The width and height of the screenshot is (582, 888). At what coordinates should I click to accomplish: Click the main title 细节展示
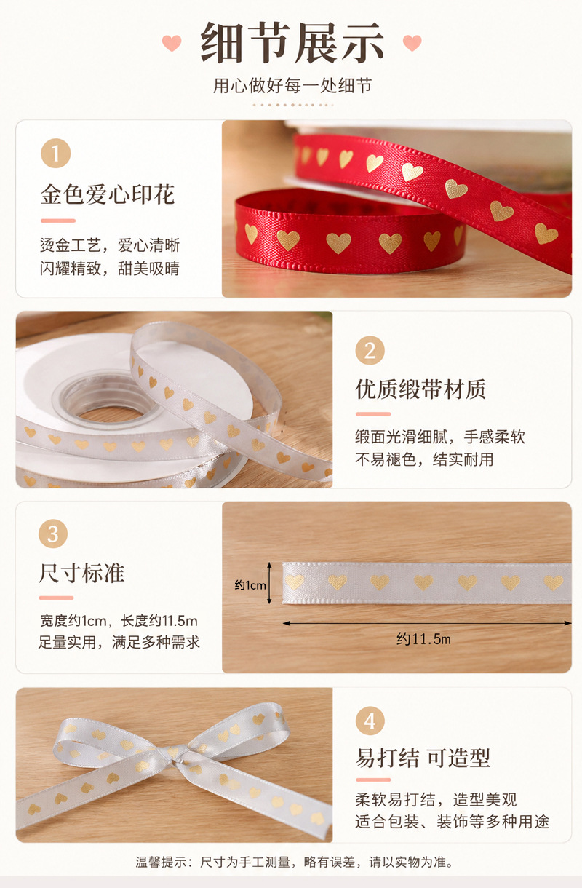coord(292,42)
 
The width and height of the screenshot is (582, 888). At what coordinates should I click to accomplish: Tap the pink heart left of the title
coord(172,43)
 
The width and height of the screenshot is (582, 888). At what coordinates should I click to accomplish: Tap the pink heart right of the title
coord(412,43)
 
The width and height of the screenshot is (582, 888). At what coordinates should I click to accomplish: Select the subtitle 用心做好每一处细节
coord(292,86)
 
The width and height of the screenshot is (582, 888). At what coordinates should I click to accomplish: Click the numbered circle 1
coord(55,153)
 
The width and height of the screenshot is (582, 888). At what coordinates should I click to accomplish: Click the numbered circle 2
coord(370,350)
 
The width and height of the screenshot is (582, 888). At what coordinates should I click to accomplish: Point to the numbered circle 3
coord(53,534)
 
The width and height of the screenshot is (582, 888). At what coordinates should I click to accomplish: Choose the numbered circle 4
coord(370,721)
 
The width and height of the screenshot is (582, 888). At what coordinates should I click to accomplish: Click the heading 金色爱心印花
coord(108,194)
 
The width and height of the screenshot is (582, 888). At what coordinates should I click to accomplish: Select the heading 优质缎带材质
coord(420,389)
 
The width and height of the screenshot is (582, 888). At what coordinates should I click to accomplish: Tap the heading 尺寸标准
coord(81,574)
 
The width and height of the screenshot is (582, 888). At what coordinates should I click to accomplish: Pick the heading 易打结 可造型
coord(423,758)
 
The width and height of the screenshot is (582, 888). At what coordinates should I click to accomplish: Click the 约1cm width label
coord(250,584)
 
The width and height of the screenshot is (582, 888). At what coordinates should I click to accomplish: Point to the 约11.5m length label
coord(423,638)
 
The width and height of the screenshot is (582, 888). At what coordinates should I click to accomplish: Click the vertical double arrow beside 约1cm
coord(269,583)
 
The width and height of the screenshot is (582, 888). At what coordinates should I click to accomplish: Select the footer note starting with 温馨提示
coord(294,863)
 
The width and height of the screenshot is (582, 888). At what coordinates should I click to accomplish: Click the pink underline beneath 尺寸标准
coord(56,598)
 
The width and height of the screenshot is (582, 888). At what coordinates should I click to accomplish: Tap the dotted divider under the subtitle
coord(292,105)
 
